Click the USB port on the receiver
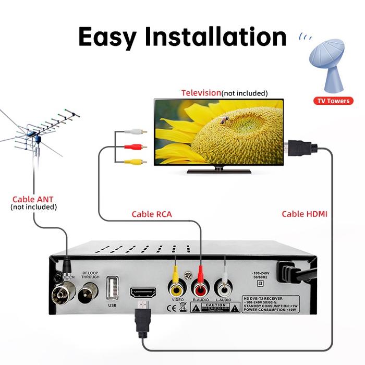pyautogui.click(x=112, y=287)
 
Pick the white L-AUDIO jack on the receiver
pyautogui.click(x=224, y=288)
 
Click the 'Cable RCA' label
pyautogui.click(x=151, y=214)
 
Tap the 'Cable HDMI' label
pyautogui.click(x=305, y=214)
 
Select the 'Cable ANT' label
pyautogui.click(x=33, y=199)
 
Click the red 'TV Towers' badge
pyautogui.click(x=333, y=101)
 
